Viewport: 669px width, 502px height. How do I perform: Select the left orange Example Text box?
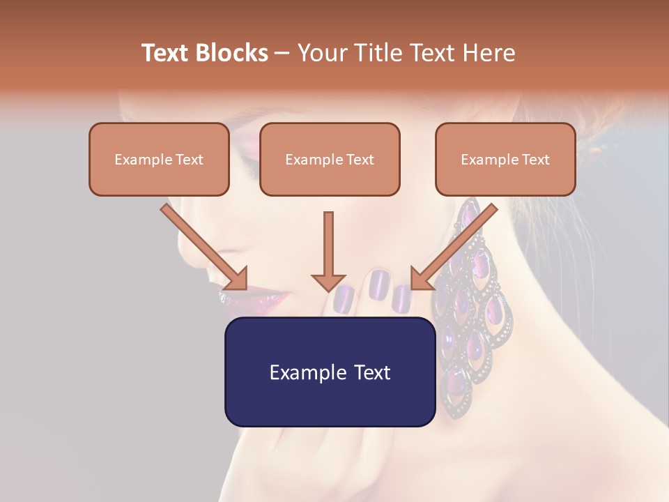coord(159,159)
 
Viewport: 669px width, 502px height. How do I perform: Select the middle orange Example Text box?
coord(330,159)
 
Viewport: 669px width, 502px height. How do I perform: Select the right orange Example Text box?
coord(505,159)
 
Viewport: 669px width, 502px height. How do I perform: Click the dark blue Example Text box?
coord(330,372)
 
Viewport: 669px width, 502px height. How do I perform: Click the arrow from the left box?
coord(206,248)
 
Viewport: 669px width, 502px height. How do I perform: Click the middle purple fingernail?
coord(379,284)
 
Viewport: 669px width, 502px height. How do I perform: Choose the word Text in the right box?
coord(535,160)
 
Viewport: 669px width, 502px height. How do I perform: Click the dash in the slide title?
coord(283,53)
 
